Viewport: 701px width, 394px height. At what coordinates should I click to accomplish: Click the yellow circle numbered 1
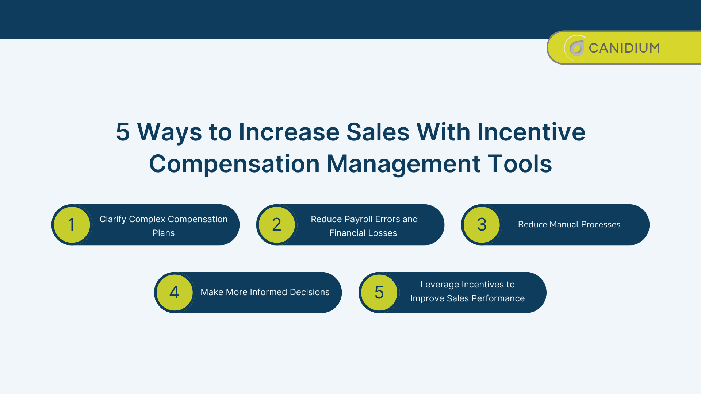(x=72, y=224)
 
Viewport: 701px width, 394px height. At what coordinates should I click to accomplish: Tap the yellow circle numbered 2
(x=277, y=224)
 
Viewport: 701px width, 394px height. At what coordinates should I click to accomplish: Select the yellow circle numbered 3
(x=482, y=224)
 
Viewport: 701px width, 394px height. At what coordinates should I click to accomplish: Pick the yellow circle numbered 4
(x=175, y=292)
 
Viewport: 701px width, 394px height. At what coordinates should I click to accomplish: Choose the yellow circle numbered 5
(x=379, y=292)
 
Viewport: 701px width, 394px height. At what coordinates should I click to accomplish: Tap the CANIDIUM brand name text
(x=624, y=48)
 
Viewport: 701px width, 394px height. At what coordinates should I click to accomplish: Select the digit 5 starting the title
(x=123, y=132)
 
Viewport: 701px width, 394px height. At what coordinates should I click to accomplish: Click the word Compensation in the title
(x=234, y=164)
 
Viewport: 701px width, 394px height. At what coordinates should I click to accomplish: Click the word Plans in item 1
(x=164, y=233)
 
